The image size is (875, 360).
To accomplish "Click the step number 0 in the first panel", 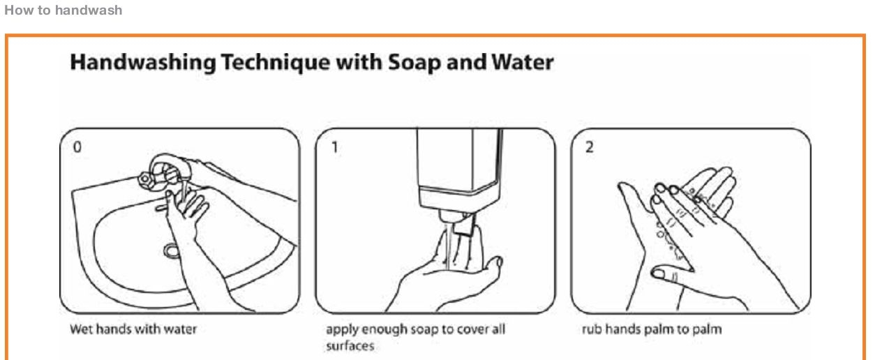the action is (77, 147).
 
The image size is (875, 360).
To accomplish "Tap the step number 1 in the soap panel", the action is (335, 147).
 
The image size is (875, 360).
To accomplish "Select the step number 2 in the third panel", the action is (590, 147).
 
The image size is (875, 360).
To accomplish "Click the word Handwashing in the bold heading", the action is (143, 63).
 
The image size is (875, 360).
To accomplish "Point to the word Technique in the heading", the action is (276, 63).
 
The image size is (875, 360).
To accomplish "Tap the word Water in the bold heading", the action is (523, 62).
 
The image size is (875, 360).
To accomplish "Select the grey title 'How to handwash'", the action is (63, 10).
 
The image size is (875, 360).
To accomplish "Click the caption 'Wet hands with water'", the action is (133, 329).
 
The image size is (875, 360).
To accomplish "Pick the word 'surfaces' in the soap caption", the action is (350, 346).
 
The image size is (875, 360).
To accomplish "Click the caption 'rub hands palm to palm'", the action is (652, 329).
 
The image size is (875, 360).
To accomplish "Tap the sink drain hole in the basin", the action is (171, 250).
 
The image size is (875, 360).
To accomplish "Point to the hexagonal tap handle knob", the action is (144, 179).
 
